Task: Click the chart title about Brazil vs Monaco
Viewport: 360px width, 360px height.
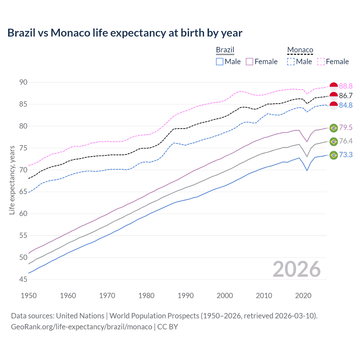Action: pos(125,33)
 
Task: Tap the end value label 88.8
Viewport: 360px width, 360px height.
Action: pos(346,86)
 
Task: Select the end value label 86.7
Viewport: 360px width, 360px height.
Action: pos(346,96)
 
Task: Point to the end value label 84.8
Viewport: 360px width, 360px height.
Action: pos(346,105)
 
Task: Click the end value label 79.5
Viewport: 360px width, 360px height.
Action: pos(346,127)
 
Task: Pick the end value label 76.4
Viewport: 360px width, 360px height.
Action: pos(346,141)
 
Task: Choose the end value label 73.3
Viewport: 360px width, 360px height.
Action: pos(346,155)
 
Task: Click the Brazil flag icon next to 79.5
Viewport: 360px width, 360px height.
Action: pos(334,128)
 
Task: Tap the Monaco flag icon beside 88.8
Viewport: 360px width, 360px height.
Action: pos(334,87)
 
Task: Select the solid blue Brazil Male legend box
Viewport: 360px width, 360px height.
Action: pos(220,62)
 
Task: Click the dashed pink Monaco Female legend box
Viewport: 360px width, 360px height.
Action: pos(321,62)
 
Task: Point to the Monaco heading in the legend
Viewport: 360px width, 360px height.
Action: pos(300,50)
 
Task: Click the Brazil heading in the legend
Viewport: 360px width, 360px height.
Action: pos(225,50)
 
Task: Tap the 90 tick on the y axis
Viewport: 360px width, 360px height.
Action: pos(23,82)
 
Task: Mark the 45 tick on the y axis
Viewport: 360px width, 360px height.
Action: pos(23,279)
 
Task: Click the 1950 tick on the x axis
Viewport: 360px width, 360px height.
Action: pos(29,296)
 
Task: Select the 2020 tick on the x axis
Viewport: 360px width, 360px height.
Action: pos(303,296)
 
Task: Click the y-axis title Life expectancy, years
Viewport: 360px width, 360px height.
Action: pos(12,180)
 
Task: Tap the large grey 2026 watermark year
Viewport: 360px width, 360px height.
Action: pos(296,269)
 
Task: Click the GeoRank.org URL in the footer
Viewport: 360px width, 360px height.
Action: pos(82,327)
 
